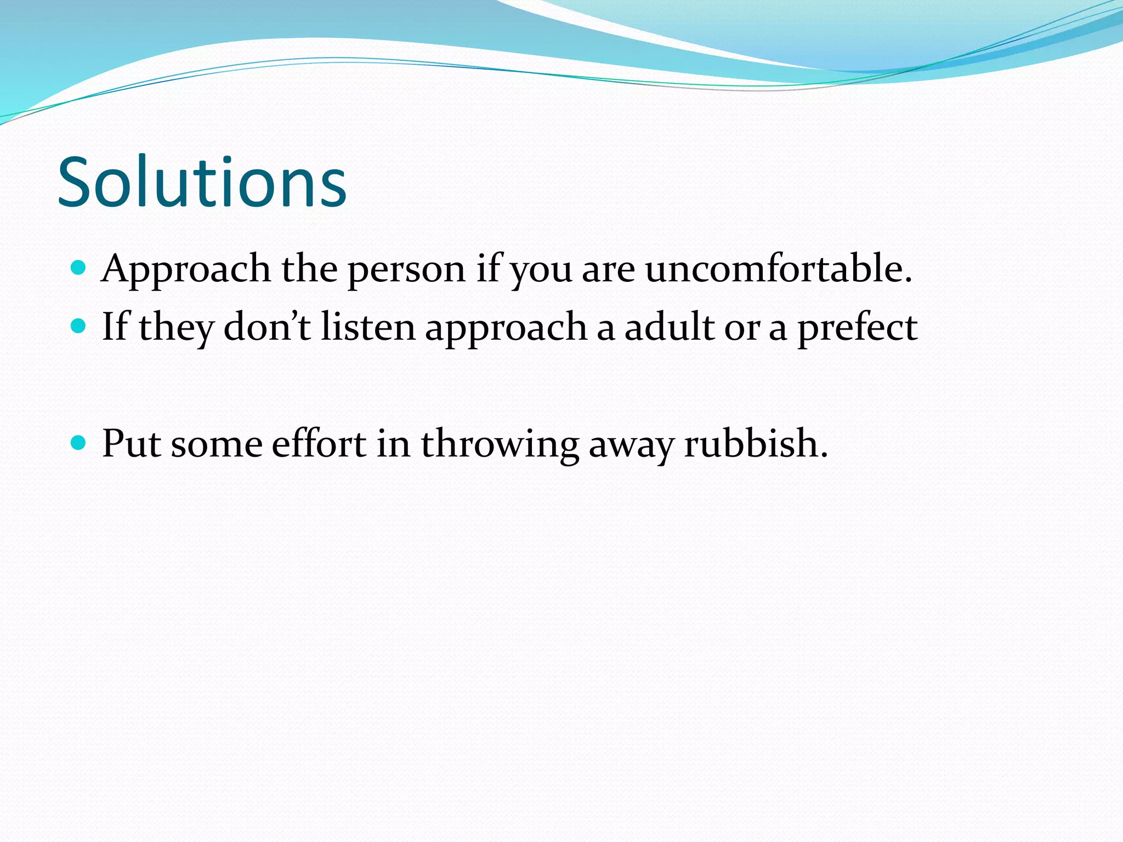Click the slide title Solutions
click(202, 182)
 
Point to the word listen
click(368, 327)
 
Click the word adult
click(670, 327)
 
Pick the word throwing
click(500, 444)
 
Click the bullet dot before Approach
click(79, 268)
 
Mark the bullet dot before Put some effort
click(79, 442)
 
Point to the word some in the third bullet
click(217, 444)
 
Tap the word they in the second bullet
click(176, 328)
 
